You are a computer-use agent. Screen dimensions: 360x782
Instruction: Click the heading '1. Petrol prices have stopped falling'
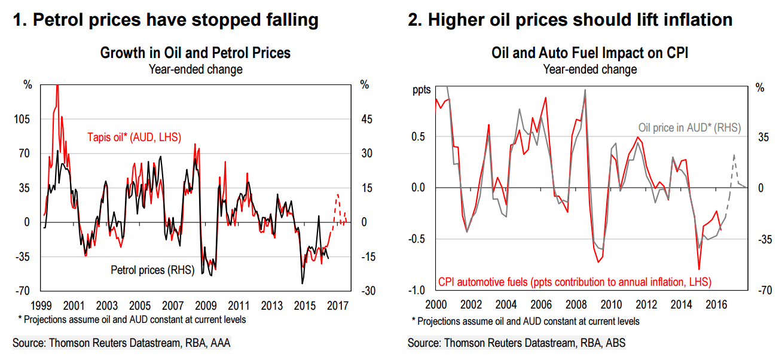coord(166,20)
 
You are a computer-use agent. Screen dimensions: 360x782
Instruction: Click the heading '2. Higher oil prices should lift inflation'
coord(570,20)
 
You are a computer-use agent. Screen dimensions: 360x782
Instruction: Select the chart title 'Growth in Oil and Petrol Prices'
coord(195,53)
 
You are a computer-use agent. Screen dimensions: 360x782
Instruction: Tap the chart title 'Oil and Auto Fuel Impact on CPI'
coord(589,53)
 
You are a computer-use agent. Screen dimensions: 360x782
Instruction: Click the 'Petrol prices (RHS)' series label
coord(153,270)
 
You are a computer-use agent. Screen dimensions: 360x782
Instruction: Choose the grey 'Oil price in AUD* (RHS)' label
coord(689,127)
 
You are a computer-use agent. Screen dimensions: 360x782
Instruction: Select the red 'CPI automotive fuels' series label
coord(575,281)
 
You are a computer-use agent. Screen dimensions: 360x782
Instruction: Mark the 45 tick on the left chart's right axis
coord(366,119)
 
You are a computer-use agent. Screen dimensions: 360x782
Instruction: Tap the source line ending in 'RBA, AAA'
coord(121,343)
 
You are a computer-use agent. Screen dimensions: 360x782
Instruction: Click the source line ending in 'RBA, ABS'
coord(517,343)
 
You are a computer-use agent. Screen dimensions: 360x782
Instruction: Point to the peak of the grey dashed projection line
coord(734,154)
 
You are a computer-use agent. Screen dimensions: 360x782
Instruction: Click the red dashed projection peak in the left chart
coord(338,194)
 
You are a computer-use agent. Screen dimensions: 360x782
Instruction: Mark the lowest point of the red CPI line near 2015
coord(698,270)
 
